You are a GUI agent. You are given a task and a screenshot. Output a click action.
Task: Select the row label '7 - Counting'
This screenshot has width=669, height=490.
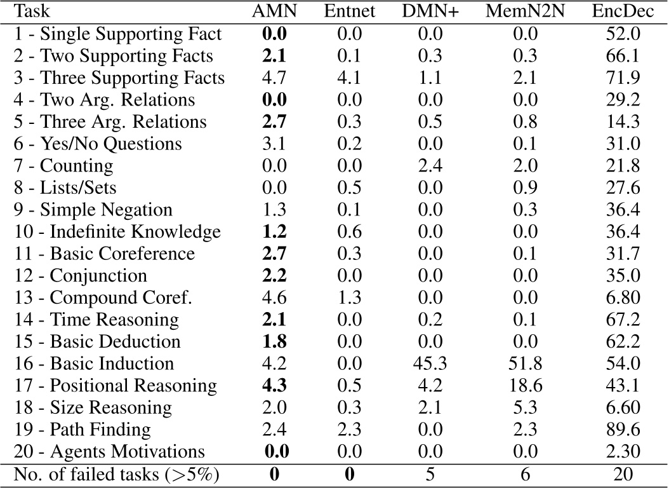[63, 166]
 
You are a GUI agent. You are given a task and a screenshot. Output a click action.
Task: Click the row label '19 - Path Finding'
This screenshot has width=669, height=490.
[82, 430]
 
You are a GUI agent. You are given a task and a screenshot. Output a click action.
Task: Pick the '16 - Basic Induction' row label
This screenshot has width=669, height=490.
[93, 364]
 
